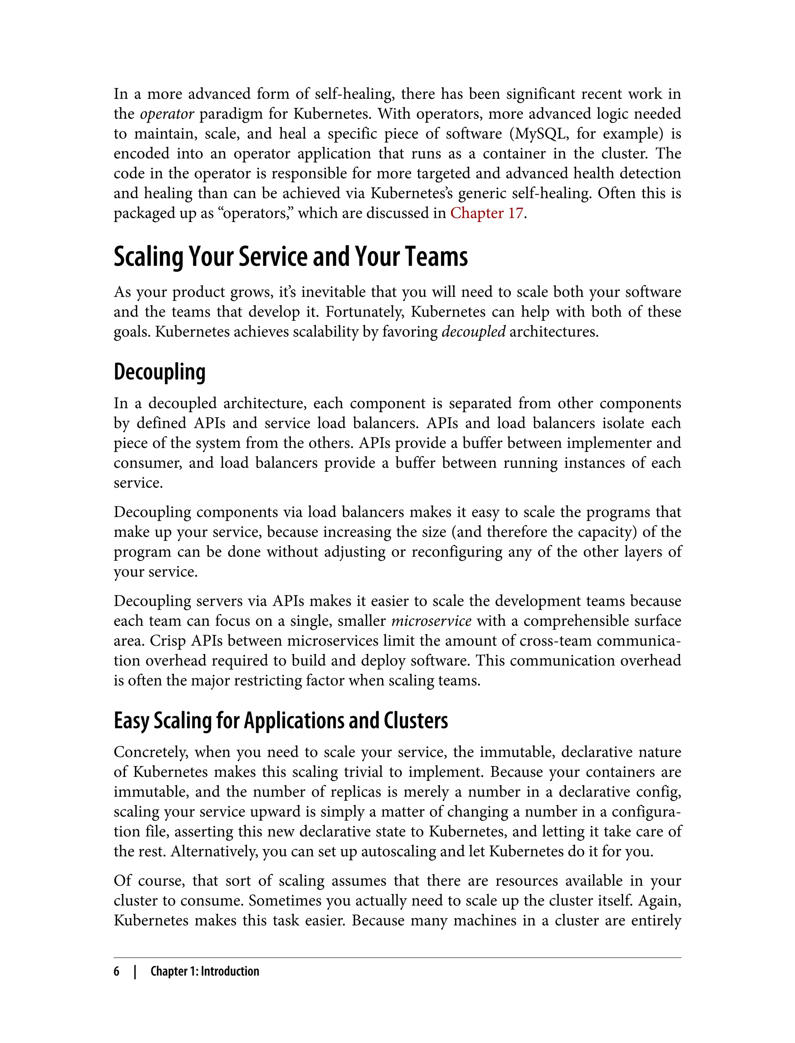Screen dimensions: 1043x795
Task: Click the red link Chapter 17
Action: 486,213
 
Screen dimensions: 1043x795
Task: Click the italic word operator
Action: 167,114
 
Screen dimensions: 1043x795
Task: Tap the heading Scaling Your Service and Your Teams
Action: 290,257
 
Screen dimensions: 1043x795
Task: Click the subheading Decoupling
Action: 160,372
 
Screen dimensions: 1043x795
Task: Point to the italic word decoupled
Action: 473,332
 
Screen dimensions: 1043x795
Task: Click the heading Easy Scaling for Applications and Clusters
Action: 281,721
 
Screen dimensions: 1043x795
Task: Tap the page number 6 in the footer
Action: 116,971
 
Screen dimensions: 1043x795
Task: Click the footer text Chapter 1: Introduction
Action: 205,971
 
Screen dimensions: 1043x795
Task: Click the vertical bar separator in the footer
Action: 135,971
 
